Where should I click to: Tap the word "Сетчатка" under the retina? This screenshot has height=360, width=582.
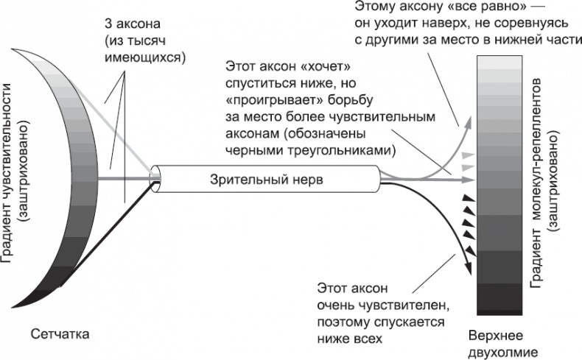pyautogui.click(x=60, y=334)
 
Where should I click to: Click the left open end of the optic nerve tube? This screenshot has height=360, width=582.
pyautogui.click(x=156, y=177)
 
